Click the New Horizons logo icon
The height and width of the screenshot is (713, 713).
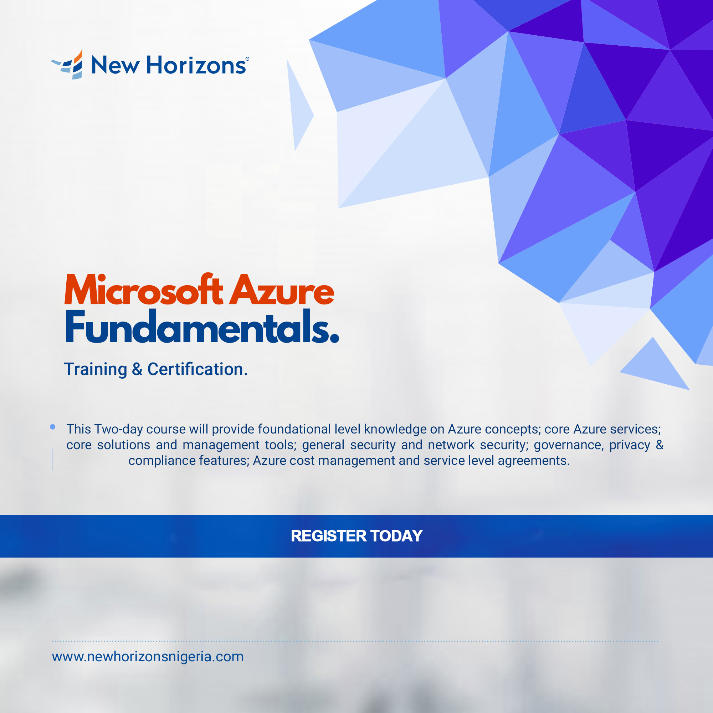(x=67, y=64)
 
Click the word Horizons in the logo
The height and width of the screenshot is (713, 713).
(x=196, y=65)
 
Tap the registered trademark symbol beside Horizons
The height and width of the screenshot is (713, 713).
(x=247, y=59)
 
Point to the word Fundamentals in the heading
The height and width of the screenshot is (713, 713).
(x=202, y=327)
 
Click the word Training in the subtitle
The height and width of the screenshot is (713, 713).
(x=96, y=369)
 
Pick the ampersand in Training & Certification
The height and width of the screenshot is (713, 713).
(x=137, y=369)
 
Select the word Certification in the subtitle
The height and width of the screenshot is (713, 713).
(x=198, y=369)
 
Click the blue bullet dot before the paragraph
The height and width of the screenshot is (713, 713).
(x=52, y=427)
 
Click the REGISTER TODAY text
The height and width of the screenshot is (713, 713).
(x=356, y=536)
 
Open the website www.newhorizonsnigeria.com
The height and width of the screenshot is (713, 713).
(x=148, y=657)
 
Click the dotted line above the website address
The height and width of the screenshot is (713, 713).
(x=355, y=641)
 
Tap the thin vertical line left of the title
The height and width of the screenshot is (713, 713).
(x=52, y=325)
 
